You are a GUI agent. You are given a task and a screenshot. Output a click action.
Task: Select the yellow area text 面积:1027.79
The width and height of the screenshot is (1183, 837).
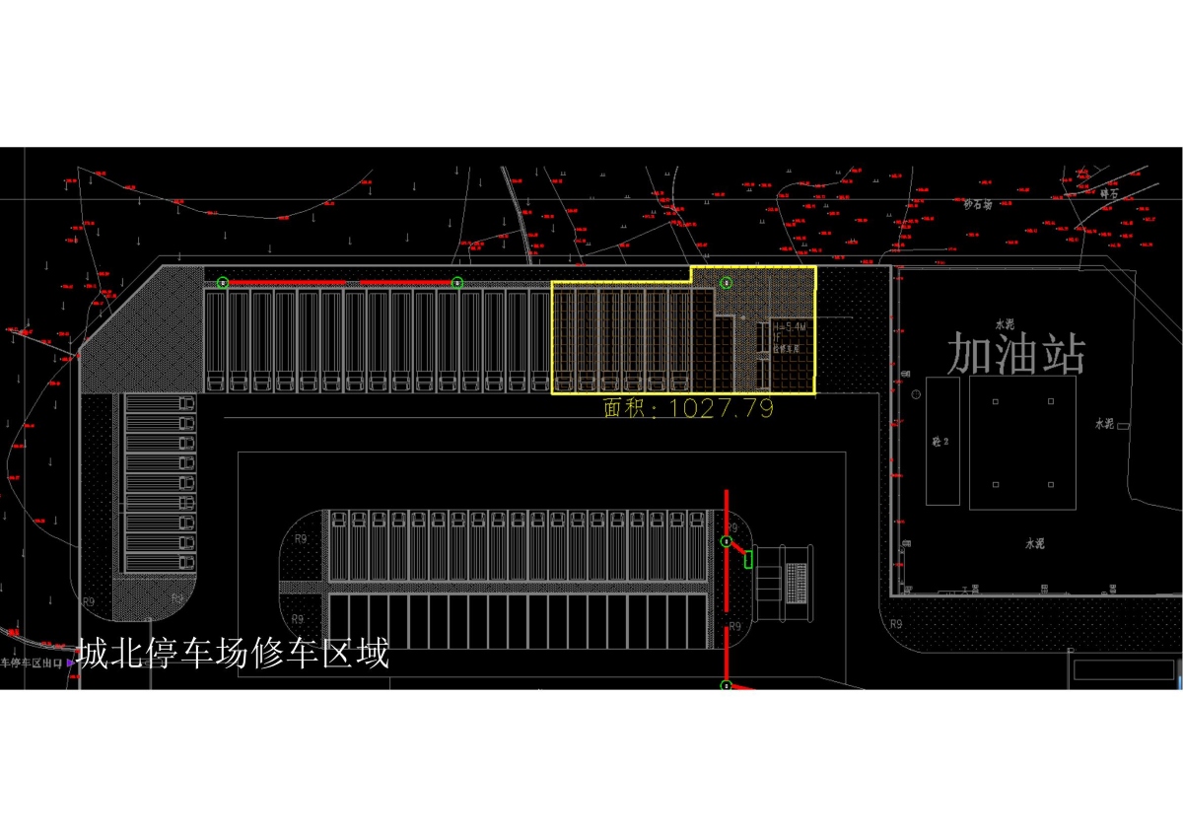(x=688, y=408)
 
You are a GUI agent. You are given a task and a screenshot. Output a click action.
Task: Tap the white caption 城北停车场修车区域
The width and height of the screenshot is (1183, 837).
(x=233, y=654)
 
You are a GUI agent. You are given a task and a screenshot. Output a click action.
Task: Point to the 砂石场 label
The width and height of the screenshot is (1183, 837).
(x=977, y=204)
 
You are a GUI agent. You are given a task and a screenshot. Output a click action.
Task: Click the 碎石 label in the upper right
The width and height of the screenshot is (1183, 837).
(x=1110, y=194)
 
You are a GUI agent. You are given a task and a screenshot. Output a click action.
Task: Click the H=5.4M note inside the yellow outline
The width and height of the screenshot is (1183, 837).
(x=790, y=326)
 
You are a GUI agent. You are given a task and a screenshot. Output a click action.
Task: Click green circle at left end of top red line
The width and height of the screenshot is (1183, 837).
(x=223, y=283)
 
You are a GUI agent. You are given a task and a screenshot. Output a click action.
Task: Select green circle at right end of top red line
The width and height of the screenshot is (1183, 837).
(x=457, y=283)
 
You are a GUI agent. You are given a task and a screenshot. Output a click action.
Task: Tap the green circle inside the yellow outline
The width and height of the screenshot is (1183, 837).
(x=727, y=283)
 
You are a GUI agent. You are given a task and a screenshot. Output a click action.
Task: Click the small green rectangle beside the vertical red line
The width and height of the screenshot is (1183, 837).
(x=748, y=560)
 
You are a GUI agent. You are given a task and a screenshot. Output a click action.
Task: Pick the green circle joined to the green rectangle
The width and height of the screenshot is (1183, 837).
(x=727, y=542)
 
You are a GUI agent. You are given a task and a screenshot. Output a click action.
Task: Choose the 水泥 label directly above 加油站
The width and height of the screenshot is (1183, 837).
(x=1005, y=323)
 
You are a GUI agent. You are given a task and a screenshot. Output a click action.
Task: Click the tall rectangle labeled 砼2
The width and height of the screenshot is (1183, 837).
(x=942, y=441)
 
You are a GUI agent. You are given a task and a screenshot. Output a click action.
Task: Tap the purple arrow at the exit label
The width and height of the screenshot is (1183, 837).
(x=70, y=663)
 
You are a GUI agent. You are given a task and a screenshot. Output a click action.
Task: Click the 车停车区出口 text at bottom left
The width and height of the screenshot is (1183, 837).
(x=32, y=663)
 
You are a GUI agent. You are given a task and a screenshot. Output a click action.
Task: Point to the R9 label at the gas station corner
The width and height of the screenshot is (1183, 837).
(x=895, y=624)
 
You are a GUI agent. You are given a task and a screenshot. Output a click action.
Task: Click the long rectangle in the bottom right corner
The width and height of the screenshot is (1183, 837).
(x=1123, y=669)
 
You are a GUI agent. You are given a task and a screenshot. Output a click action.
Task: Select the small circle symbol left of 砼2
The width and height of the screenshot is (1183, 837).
(x=916, y=394)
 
